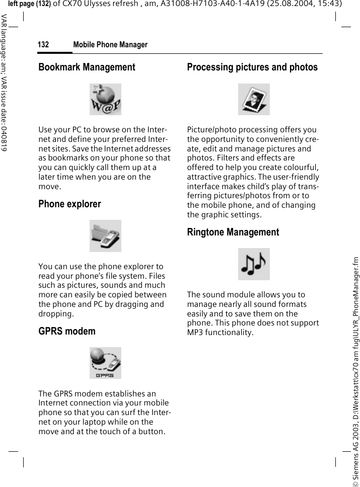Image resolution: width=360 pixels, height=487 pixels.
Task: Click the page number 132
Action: tap(43, 45)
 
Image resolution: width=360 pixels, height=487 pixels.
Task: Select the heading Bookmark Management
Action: tap(87, 67)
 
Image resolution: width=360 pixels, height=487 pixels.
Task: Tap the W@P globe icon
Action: tap(105, 99)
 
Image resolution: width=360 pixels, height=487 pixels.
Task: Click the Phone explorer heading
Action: tap(69, 204)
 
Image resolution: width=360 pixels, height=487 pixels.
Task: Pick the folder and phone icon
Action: tap(105, 236)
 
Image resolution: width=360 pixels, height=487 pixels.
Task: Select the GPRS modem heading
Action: tap(66, 331)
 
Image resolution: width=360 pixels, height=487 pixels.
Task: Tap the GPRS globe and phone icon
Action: tap(105, 363)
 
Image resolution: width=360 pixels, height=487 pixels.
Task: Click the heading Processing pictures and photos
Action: tap(252, 67)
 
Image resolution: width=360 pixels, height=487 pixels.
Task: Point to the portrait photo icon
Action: tap(254, 99)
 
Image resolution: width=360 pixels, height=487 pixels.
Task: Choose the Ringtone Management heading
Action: tap(233, 232)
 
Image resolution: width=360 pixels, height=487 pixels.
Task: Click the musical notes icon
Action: tap(254, 264)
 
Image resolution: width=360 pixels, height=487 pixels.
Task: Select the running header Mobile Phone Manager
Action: tap(110, 45)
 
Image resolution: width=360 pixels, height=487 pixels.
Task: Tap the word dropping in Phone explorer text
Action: tap(56, 313)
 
